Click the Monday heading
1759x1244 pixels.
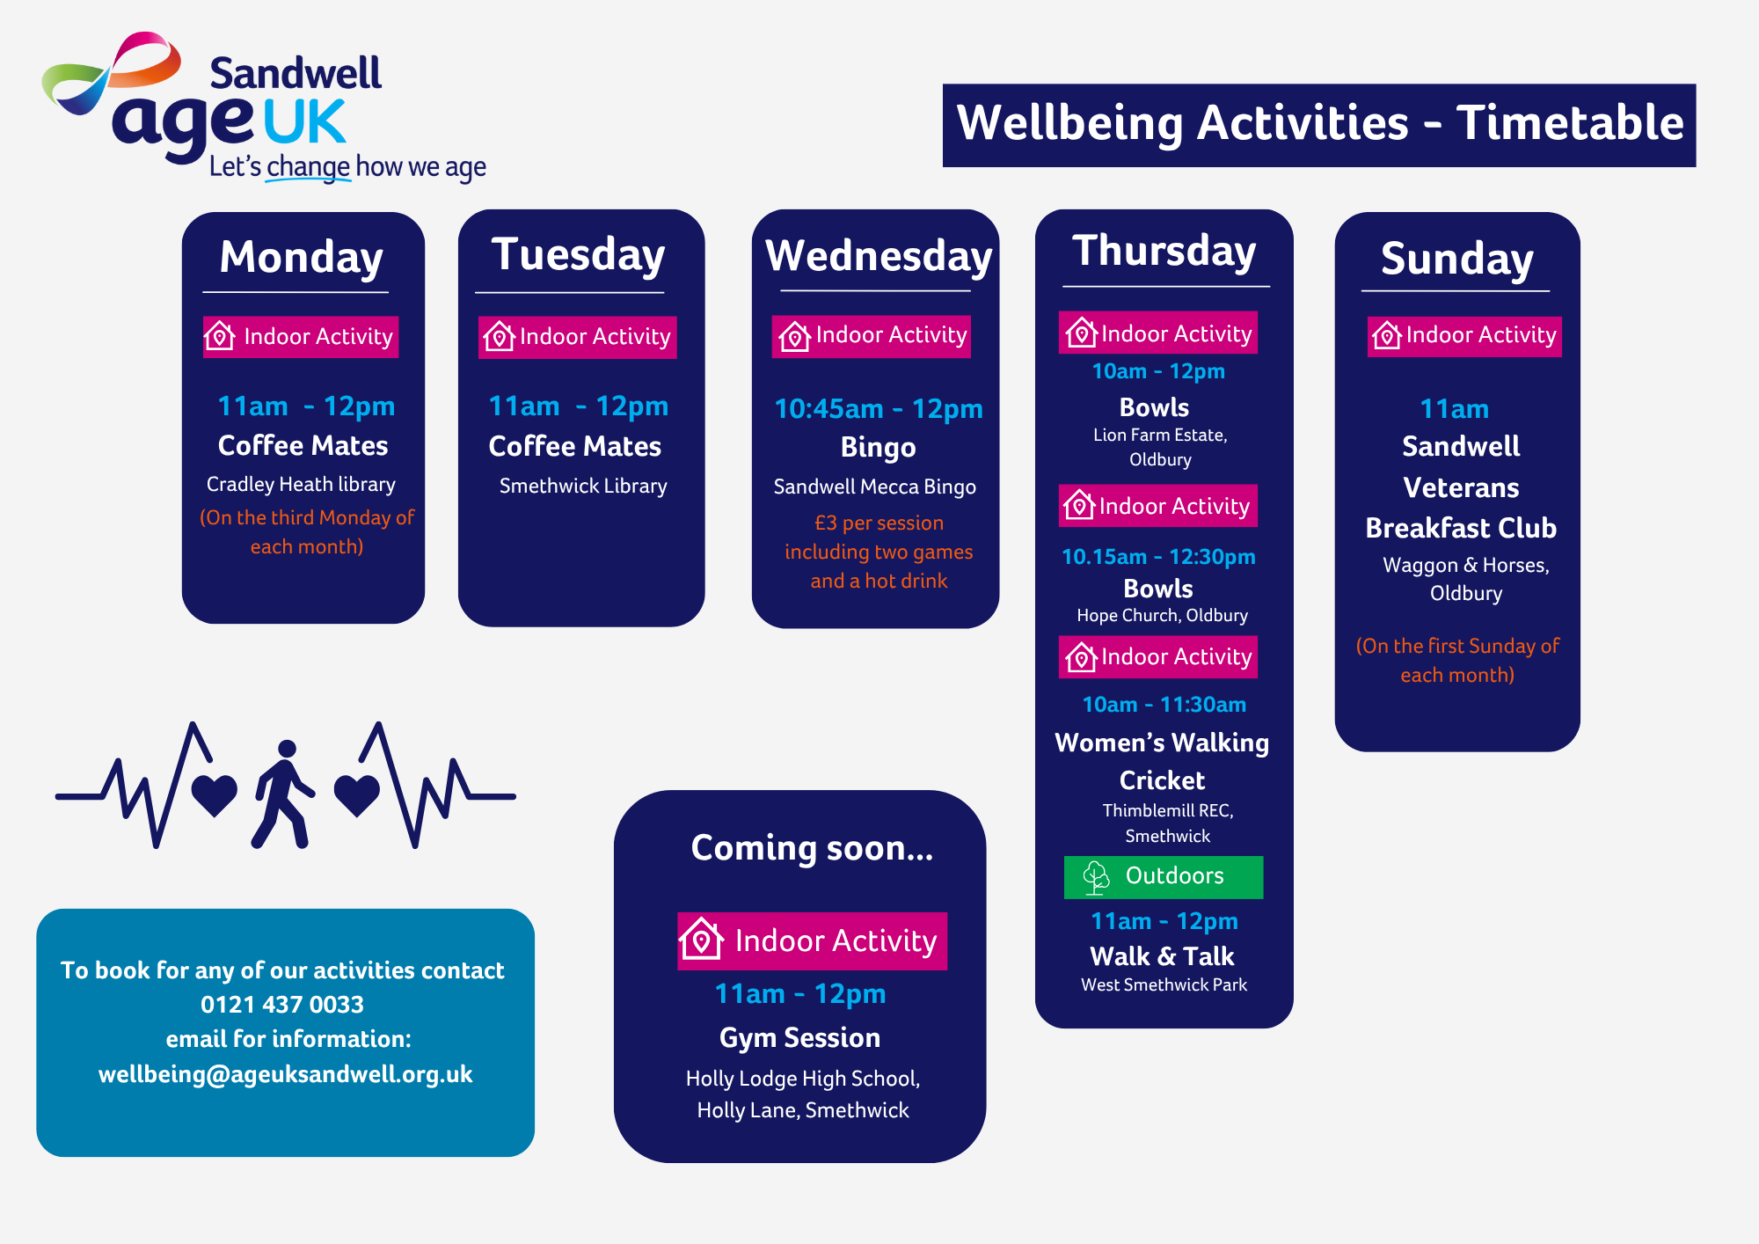(x=302, y=258)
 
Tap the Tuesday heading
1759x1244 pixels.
(x=578, y=255)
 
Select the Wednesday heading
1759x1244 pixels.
(x=879, y=256)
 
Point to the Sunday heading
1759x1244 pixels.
(x=1457, y=260)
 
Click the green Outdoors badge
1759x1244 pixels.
(x=1164, y=877)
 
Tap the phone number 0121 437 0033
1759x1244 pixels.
(x=282, y=1005)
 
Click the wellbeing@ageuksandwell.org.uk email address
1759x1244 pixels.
(x=285, y=1074)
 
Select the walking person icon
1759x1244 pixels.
(x=283, y=794)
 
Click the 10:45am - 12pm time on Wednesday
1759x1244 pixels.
(x=879, y=409)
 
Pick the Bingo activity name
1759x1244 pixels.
(x=879, y=448)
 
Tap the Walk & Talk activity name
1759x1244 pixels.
(x=1162, y=956)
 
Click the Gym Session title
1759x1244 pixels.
(x=799, y=1038)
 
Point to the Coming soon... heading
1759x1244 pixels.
(x=812, y=848)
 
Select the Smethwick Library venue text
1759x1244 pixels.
(x=583, y=487)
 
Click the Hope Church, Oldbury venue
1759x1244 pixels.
(x=1162, y=616)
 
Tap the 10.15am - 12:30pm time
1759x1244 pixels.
(x=1158, y=557)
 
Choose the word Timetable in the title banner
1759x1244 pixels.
(x=1570, y=122)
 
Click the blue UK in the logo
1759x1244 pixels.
(x=304, y=122)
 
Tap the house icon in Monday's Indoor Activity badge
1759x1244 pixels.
(x=220, y=336)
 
